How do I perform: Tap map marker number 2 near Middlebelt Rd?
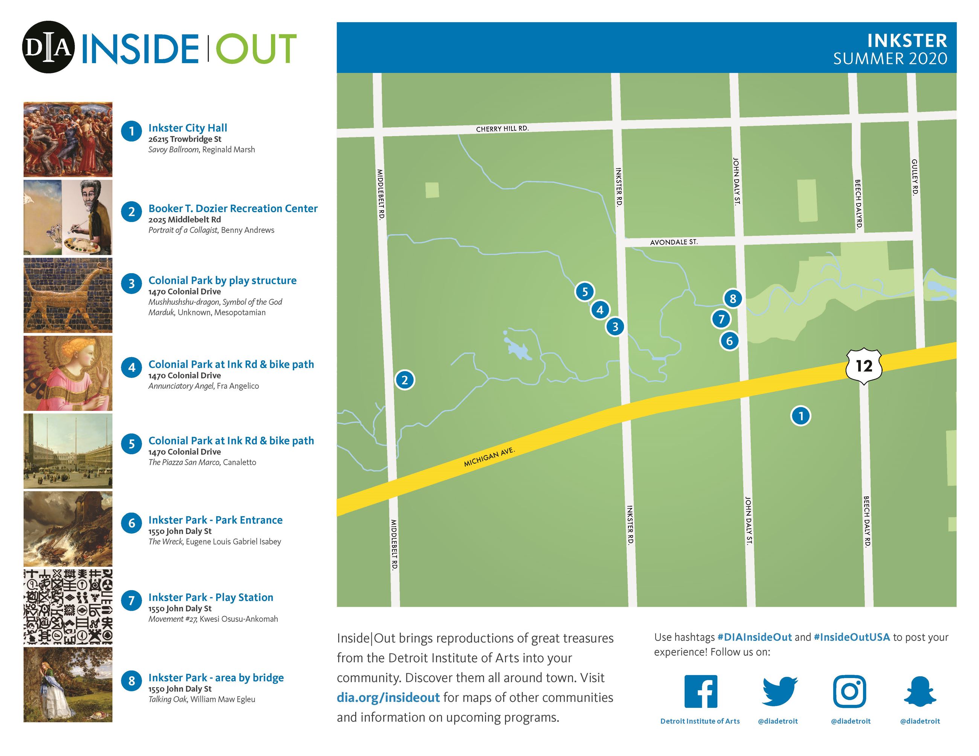coord(404,380)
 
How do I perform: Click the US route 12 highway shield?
coord(864,366)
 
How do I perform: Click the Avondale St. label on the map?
coord(673,242)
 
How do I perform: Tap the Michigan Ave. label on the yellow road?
coord(489,456)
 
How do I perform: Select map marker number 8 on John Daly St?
coord(732,299)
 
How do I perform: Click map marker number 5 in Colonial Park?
coord(584,292)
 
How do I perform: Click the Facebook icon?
coord(701,691)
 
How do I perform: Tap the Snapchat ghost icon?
coord(920,691)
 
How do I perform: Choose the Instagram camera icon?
coord(849,691)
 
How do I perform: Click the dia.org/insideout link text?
coord(388,697)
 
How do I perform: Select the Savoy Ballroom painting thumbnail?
coord(68,139)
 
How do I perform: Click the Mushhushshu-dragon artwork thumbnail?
coord(68,295)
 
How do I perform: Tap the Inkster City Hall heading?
coord(188,128)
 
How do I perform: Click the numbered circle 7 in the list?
coord(131,600)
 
